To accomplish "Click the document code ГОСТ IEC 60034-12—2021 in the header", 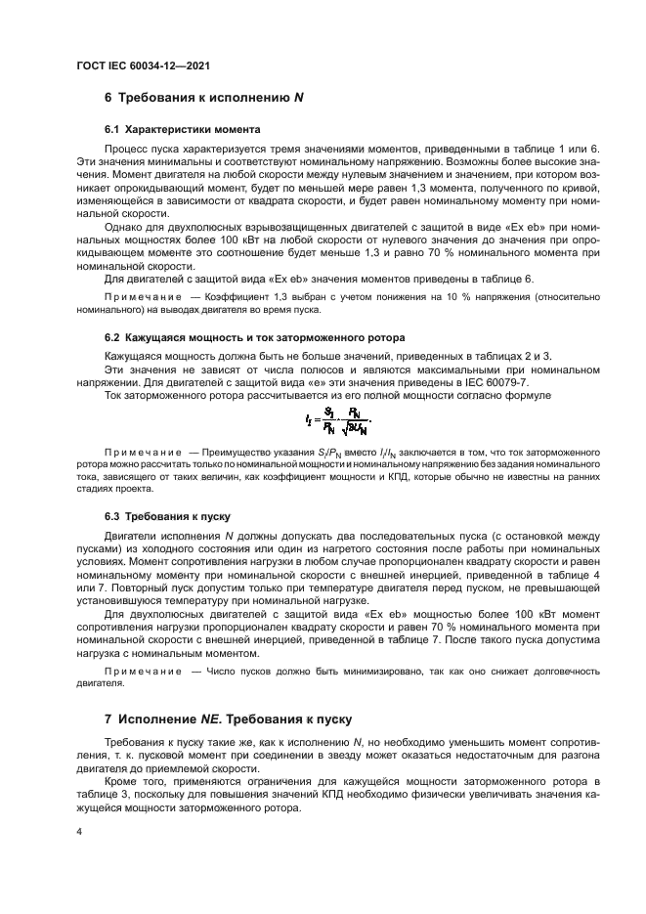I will (x=145, y=65).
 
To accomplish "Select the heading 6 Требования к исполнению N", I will (x=204, y=98).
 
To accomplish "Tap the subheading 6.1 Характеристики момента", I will (x=182, y=129).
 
